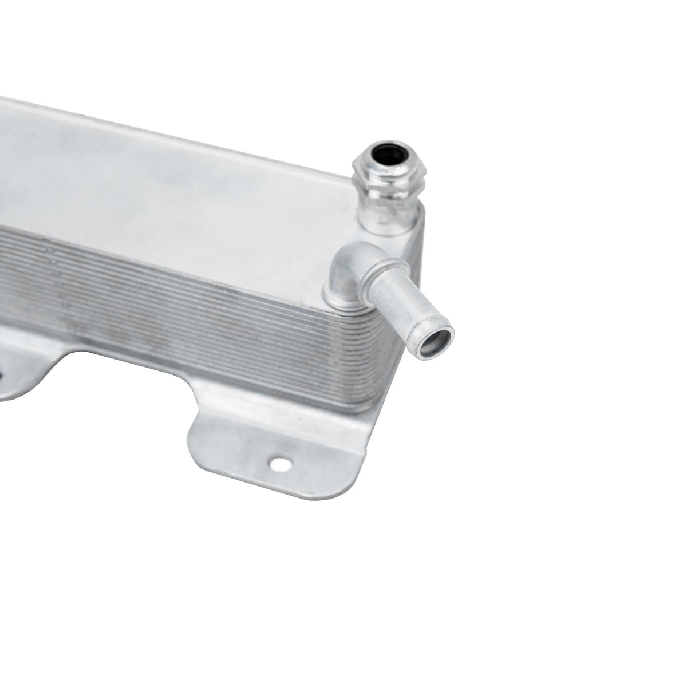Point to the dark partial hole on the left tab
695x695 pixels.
pyautogui.click(x=2, y=376)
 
